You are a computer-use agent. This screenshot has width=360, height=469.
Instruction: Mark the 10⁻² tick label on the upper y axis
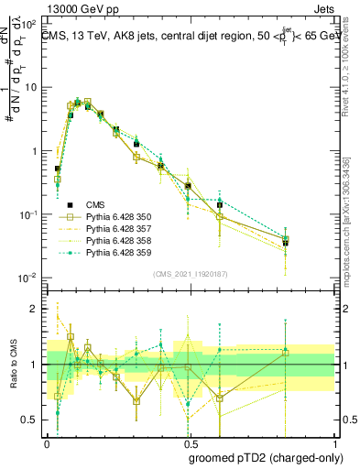tap(28, 278)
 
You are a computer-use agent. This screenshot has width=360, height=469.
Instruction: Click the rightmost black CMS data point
tap(286, 243)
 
